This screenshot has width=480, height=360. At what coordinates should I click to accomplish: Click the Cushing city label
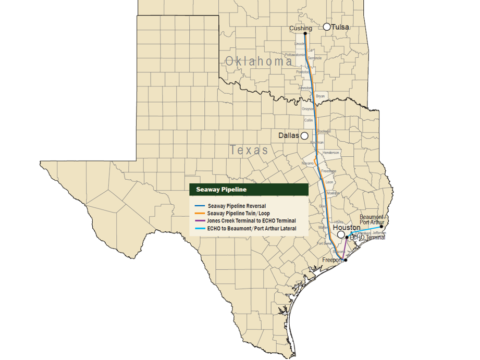(301, 28)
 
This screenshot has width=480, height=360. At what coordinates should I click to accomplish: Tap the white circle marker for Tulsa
(327, 27)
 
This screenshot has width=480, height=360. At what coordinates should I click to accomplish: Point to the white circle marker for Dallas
(304, 135)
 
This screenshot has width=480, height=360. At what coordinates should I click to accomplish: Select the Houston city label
(347, 228)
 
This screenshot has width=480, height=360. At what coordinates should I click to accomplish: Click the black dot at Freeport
(346, 259)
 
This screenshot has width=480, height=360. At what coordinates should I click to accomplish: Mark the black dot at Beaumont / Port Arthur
(381, 227)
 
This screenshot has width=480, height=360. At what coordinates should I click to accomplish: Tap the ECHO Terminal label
(368, 238)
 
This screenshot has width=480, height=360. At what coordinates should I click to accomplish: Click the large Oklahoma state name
(259, 61)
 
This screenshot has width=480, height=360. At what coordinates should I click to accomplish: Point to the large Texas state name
(249, 151)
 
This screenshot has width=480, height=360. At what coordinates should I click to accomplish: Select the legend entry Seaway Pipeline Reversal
(237, 206)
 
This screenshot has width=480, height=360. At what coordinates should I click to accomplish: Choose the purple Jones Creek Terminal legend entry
(251, 221)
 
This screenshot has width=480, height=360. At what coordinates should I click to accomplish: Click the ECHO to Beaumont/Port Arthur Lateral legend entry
(252, 228)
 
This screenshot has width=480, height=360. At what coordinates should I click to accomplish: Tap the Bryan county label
(320, 96)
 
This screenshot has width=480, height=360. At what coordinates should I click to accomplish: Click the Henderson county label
(331, 153)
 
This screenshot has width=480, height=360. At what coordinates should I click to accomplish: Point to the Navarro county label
(307, 164)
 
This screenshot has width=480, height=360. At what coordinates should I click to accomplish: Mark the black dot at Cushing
(305, 34)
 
